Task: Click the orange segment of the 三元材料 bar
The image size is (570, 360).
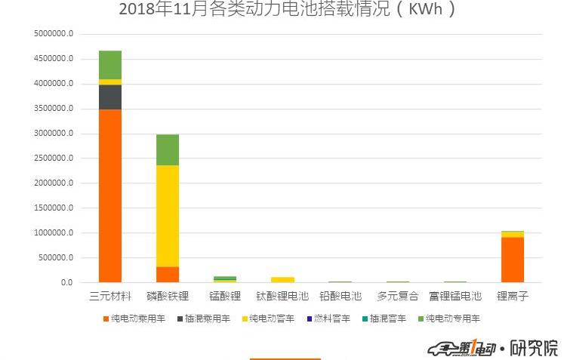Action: tap(110, 196)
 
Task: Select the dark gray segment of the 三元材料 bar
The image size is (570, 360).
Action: tap(110, 97)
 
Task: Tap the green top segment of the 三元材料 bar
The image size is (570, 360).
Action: tap(110, 65)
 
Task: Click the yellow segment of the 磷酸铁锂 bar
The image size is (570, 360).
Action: tap(168, 216)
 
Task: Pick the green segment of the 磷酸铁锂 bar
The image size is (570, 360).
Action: tap(168, 149)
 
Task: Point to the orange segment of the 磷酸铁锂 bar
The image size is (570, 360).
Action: tap(168, 275)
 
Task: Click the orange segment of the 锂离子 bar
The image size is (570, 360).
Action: tap(512, 260)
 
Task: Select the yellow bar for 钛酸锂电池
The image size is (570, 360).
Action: tap(282, 280)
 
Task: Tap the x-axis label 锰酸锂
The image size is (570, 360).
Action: tap(225, 297)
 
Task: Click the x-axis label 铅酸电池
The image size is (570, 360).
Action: tap(340, 297)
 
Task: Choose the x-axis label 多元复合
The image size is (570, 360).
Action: tap(397, 297)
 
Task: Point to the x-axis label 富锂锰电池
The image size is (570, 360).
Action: tap(454, 297)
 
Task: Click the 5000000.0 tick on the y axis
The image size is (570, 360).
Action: tap(54, 34)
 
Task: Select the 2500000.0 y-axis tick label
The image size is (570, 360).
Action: tap(54, 158)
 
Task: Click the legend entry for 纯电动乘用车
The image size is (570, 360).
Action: tap(134, 318)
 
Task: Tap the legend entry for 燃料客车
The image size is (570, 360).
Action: tap(327, 318)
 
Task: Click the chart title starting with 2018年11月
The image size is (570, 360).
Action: tap(287, 10)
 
